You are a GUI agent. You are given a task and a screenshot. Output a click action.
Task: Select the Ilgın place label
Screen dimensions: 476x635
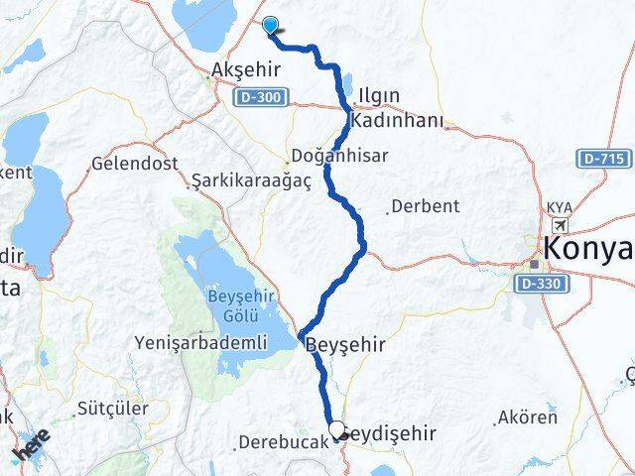click(380, 96)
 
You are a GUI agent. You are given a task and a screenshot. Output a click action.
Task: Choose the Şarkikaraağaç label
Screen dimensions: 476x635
click(238, 180)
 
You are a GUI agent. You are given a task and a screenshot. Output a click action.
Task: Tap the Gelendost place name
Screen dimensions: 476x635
click(126, 162)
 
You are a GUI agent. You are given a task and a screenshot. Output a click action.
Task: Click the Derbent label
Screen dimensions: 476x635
click(425, 206)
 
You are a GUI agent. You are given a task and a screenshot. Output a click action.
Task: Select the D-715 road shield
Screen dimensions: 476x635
click(604, 159)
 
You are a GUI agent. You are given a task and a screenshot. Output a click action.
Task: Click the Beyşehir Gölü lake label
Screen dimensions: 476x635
click(238, 302)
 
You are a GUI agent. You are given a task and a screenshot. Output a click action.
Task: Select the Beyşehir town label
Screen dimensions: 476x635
click(344, 344)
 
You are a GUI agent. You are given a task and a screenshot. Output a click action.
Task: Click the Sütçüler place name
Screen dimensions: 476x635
click(112, 408)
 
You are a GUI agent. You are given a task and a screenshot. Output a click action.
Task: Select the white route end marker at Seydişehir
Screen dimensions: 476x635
click(338, 430)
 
